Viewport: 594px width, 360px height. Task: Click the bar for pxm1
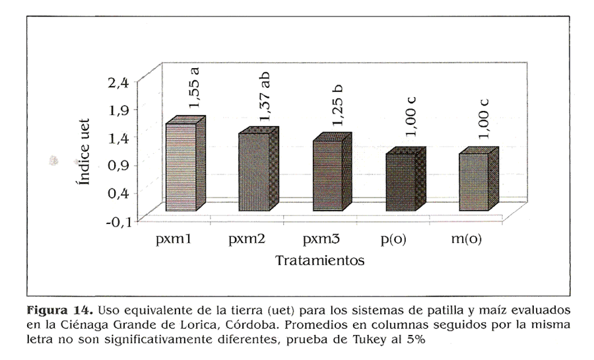coord(181,168)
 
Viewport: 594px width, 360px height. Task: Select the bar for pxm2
coord(254,172)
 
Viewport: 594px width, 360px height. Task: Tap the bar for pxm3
coord(327,176)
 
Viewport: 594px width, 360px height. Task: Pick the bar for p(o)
coord(400,183)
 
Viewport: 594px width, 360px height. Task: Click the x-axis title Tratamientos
coord(319,260)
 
